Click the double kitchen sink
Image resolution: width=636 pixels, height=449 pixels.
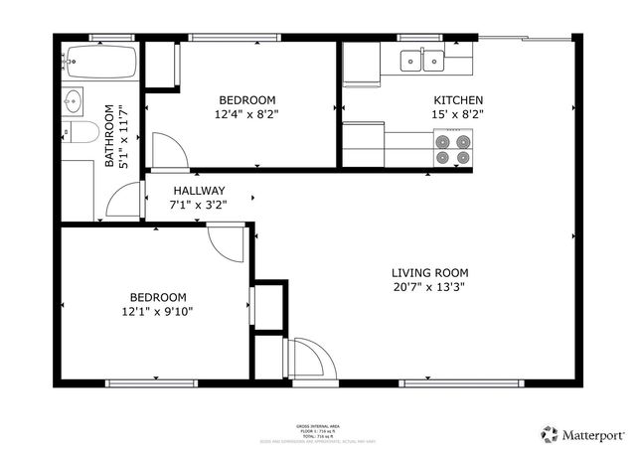tap(422, 62)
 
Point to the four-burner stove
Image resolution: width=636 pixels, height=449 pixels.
tap(452, 148)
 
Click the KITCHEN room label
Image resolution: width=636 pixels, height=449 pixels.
tap(457, 100)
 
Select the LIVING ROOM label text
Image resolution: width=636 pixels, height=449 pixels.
tap(429, 273)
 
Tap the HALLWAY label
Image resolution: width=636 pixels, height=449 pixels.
tap(199, 191)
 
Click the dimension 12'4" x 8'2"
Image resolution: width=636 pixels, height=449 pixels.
tap(247, 114)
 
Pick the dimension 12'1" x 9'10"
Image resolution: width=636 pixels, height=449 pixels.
tap(158, 311)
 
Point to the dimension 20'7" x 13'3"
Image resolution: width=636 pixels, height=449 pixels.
tap(429, 287)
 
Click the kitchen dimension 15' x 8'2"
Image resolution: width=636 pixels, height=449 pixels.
tap(457, 114)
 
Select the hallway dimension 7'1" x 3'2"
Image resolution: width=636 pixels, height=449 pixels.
tap(199, 205)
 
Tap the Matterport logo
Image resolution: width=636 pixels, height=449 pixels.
tap(582, 434)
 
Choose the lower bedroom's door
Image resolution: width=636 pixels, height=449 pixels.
tap(228, 241)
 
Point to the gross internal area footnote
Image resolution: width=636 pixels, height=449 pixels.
tap(317, 430)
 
